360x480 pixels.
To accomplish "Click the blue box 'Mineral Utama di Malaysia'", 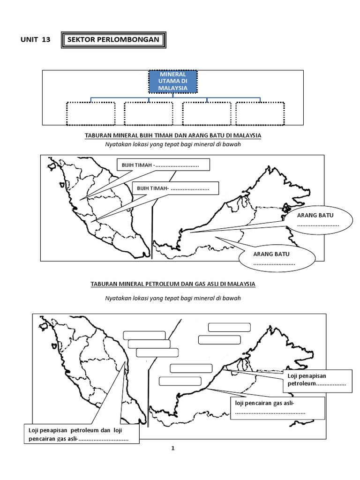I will click(173, 82).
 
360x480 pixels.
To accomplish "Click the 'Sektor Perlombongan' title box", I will click(114, 40).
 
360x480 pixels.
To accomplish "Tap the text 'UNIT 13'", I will click(35, 40).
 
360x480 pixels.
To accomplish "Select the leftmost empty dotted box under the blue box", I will click(90, 113).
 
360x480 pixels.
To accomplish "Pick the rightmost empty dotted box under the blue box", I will click(260, 113).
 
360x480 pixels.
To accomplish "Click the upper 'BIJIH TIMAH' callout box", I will click(162, 165).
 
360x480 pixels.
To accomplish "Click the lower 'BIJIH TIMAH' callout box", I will click(176, 188).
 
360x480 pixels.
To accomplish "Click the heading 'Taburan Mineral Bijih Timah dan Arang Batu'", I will click(173, 135).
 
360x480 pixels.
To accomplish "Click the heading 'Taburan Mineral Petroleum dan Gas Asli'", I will click(173, 284).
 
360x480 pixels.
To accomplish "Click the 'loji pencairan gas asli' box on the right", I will click(277, 408).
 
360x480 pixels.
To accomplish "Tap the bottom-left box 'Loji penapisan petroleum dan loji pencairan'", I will click(81, 435).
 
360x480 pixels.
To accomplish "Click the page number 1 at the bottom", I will click(173, 449).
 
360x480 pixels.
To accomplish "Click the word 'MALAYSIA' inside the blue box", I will click(173, 88).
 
